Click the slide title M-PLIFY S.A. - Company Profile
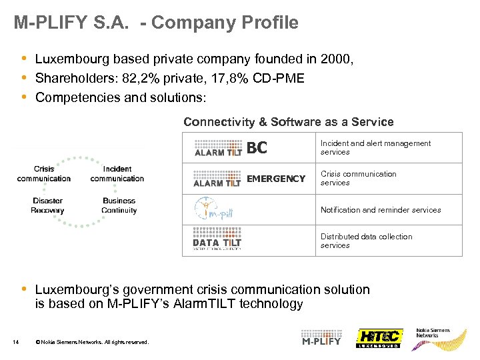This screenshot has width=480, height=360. pyautogui.click(x=156, y=23)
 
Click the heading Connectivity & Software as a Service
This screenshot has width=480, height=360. pyautogui.click(x=288, y=122)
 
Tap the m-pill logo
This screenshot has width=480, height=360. pyautogui.click(x=214, y=209)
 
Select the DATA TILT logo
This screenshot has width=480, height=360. pyautogui.click(x=217, y=240)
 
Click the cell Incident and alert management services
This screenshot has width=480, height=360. pyautogui.click(x=375, y=147)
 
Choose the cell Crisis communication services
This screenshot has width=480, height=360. pyautogui.click(x=358, y=178)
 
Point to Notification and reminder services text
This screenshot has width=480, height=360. pyautogui.click(x=381, y=210)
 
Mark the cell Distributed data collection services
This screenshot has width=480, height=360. pyautogui.click(x=366, y=241)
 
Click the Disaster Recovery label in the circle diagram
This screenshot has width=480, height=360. pyautogui.click(x=47, y=205)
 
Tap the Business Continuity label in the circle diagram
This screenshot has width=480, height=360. pyautogui.click(x=119, y=205)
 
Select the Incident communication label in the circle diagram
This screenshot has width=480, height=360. pyautogui.click(x=117, y=174)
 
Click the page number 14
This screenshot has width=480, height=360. pyautogui.click(x=16, y=343)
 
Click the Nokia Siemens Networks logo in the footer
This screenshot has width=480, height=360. pyautogui.click(x=433, y=333)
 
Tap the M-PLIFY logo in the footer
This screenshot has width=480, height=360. pyautogui.click(x=321, y=337)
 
